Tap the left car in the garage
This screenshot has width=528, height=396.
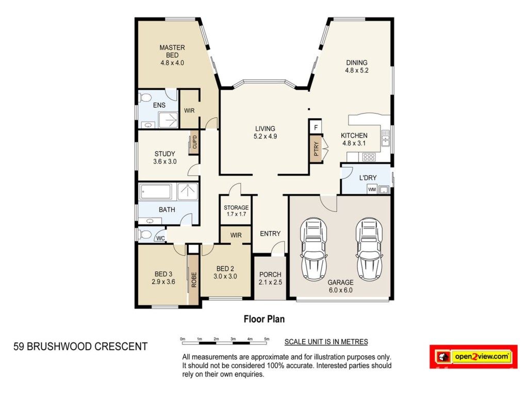[x=314, y=249]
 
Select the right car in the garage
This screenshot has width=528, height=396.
[x=369, y=249]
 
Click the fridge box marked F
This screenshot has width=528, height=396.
[x=316, y=127]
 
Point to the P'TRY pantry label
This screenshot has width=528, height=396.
[x=316, y=148]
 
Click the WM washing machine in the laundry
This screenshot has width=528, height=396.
[x=372, y=189]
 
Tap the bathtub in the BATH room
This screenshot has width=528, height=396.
[x=156, y=192]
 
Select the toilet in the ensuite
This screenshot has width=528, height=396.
[x=144, y=98]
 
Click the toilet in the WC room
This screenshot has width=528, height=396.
[x=145, y=234]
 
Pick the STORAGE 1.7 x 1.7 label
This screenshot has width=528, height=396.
[x=236, y=211]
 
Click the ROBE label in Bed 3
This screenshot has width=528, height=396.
[x=194, y=279]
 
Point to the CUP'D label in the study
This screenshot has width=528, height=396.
[x=194, y=142]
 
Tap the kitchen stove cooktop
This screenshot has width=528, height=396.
[x=369, y=157]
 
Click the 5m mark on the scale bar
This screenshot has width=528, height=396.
[x=267, y=339]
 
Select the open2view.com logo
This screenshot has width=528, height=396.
[x=473, y=357]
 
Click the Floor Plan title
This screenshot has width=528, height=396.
[x=265, y=319]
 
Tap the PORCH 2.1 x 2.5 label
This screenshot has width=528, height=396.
[x=270, y=278]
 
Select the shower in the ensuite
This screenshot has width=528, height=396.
[x=169, y=120]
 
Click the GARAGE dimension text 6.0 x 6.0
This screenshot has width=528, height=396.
[x=340, y=290]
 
